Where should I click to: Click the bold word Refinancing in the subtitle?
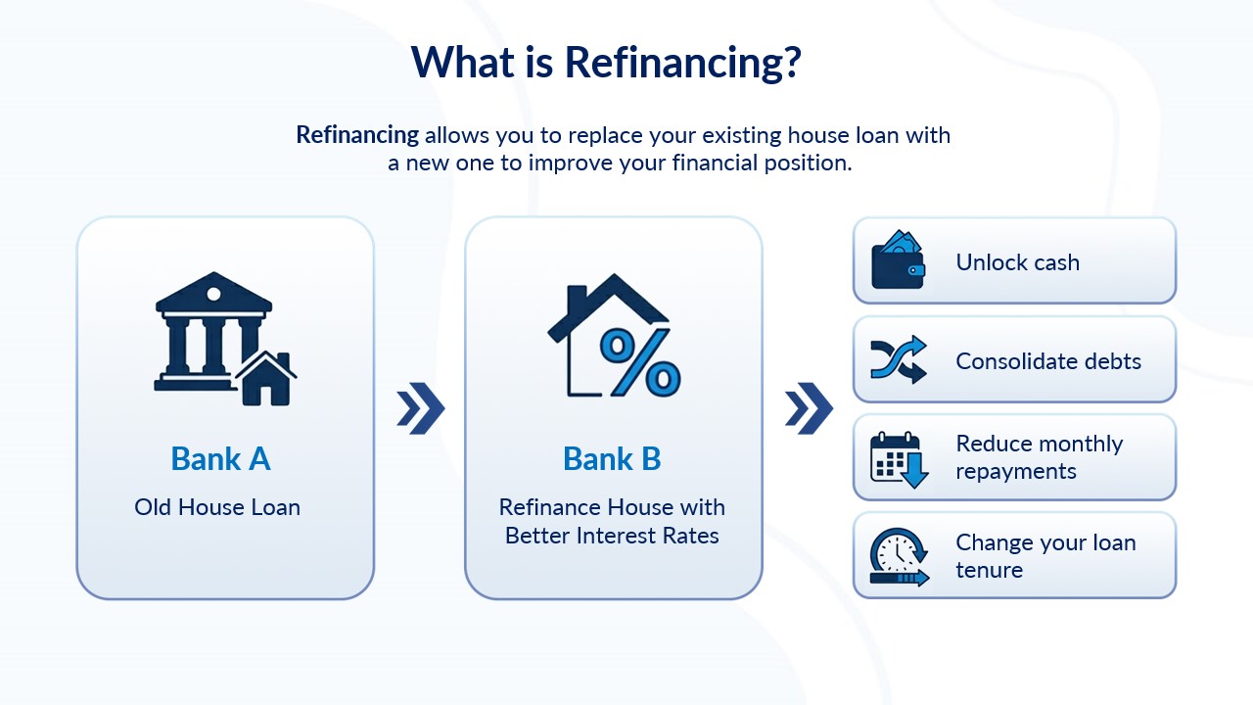click(x=357, y=135)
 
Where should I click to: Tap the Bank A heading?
click(x=220, y=459)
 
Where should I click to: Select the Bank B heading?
click(x=612, y=459)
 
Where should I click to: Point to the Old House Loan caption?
click(x=217, y=507)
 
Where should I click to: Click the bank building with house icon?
click(x=225, y=339)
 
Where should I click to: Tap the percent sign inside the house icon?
click(x=640, y=361)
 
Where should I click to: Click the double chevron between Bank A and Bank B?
click(x=421, y=408)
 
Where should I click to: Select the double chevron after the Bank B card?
click(x=809, y=408)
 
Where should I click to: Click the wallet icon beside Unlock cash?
click(x=898, y=259)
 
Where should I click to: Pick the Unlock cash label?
click(x=1017, y=262)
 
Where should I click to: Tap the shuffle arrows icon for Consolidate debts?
click(x=899, y=359)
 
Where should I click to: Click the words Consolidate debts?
click(x=1048, y=361)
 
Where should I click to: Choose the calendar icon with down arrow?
click(x=899, y=460)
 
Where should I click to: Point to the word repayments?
click(x=1016, y=472)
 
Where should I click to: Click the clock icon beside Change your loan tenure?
click(x=899, y=557)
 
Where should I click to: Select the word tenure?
click(x=989, y=570)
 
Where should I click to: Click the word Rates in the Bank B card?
click(x=690, y=536)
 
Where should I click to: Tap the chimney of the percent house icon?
click(x=578, y=300)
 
